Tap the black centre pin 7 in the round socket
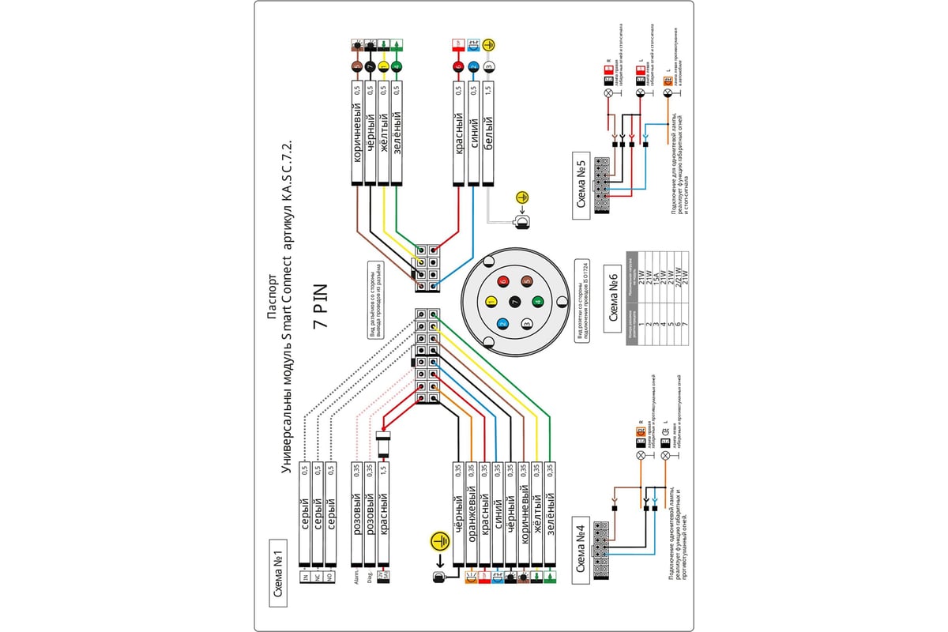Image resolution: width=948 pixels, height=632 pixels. [x=515, y=301]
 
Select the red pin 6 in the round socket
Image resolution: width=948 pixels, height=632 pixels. [x=503, y=280]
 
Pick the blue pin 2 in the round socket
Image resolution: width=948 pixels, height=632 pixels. [x=502, y=322]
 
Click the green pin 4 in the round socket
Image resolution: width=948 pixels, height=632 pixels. [x=537, y=301]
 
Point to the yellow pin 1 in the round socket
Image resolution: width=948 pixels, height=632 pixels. [x=491, y=301]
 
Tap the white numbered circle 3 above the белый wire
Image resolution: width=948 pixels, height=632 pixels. [x=489, y=68]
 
